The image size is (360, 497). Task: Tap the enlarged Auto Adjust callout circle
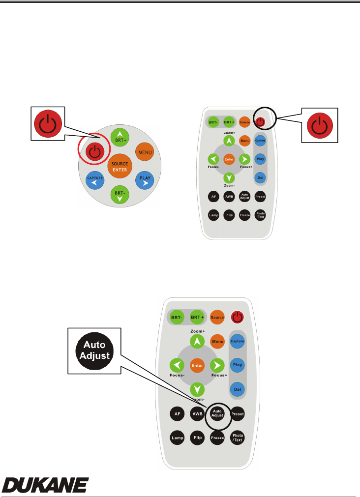95,350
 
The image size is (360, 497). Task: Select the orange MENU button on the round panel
145,152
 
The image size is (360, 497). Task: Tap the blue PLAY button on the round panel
145,180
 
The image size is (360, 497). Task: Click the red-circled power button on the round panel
95,152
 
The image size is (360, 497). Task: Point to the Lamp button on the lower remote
177,437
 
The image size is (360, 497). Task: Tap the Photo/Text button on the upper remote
261,215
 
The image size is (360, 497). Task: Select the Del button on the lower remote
238,389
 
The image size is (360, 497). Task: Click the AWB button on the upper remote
229,196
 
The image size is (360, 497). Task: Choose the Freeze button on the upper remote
244,215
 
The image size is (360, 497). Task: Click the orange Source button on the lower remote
217,317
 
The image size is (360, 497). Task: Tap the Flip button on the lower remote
197,437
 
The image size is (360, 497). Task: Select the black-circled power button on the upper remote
261,121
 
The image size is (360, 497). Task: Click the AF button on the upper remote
213,196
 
